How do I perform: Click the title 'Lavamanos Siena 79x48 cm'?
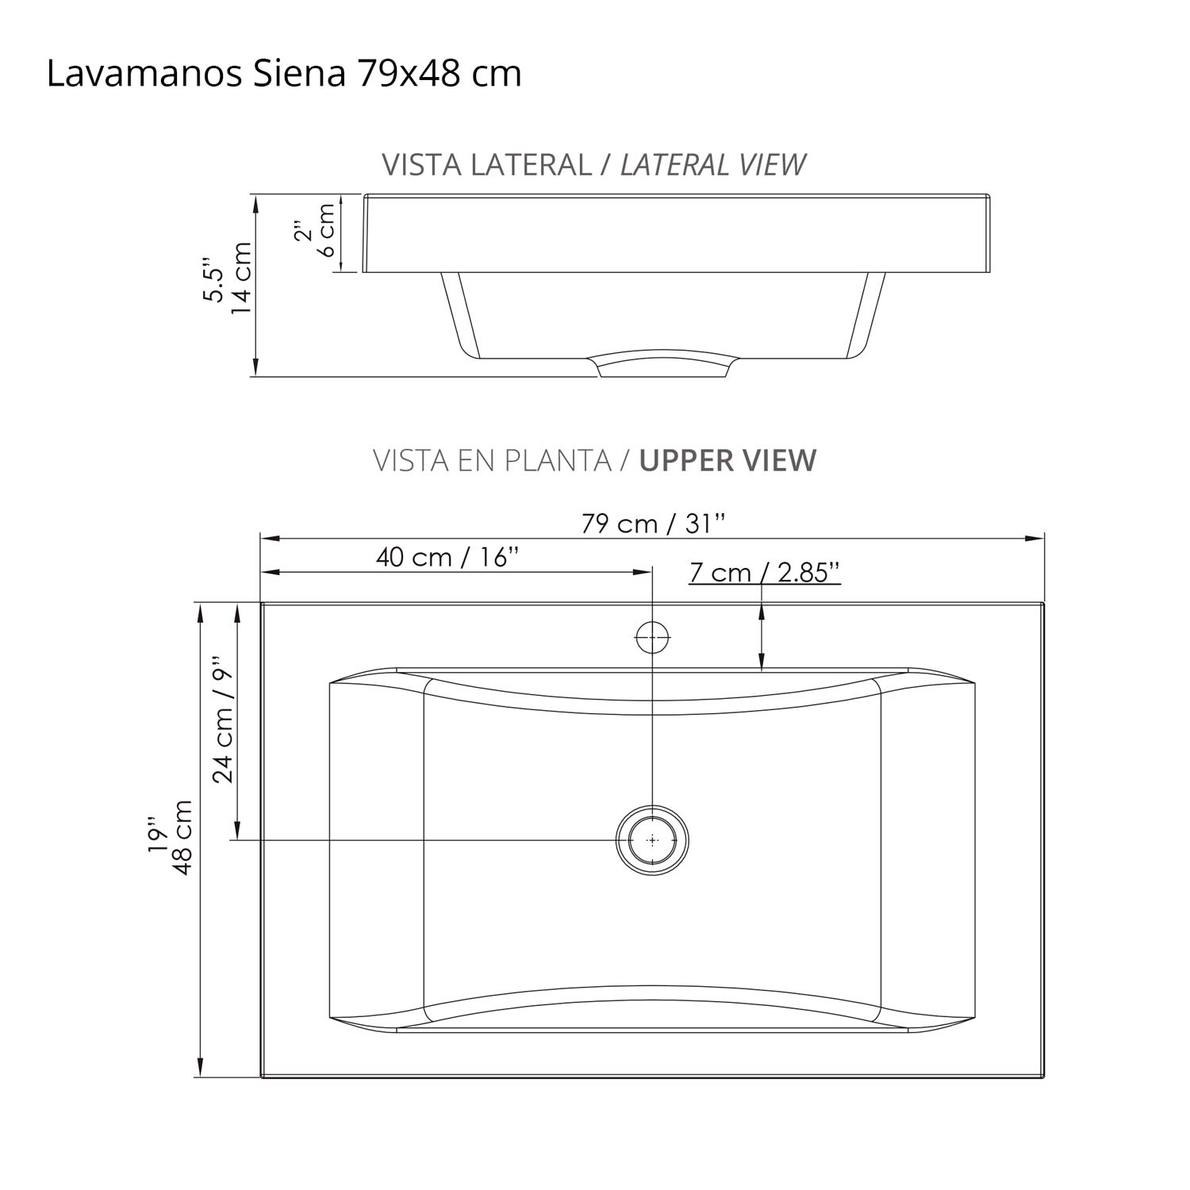pos(284,74)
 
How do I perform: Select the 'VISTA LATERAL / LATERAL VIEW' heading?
pos(593,165)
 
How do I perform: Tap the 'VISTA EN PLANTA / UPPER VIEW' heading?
pos(594,460)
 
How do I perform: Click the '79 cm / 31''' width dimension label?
pos(653,524)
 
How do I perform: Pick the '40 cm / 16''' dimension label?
pos(447,557)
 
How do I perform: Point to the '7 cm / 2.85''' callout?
pos(764,572)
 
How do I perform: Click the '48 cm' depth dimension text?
pos(182,837)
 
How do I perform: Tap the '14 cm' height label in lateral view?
pos(240,278)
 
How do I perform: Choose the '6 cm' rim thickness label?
pos(326,231)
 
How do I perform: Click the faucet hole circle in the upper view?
pos(652,636)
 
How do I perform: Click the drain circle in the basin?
pos(652,840)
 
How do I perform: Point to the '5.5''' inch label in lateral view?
pos(213,278)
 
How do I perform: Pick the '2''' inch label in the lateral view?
pos(301,231)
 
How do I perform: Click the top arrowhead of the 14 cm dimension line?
pos(255,203)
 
